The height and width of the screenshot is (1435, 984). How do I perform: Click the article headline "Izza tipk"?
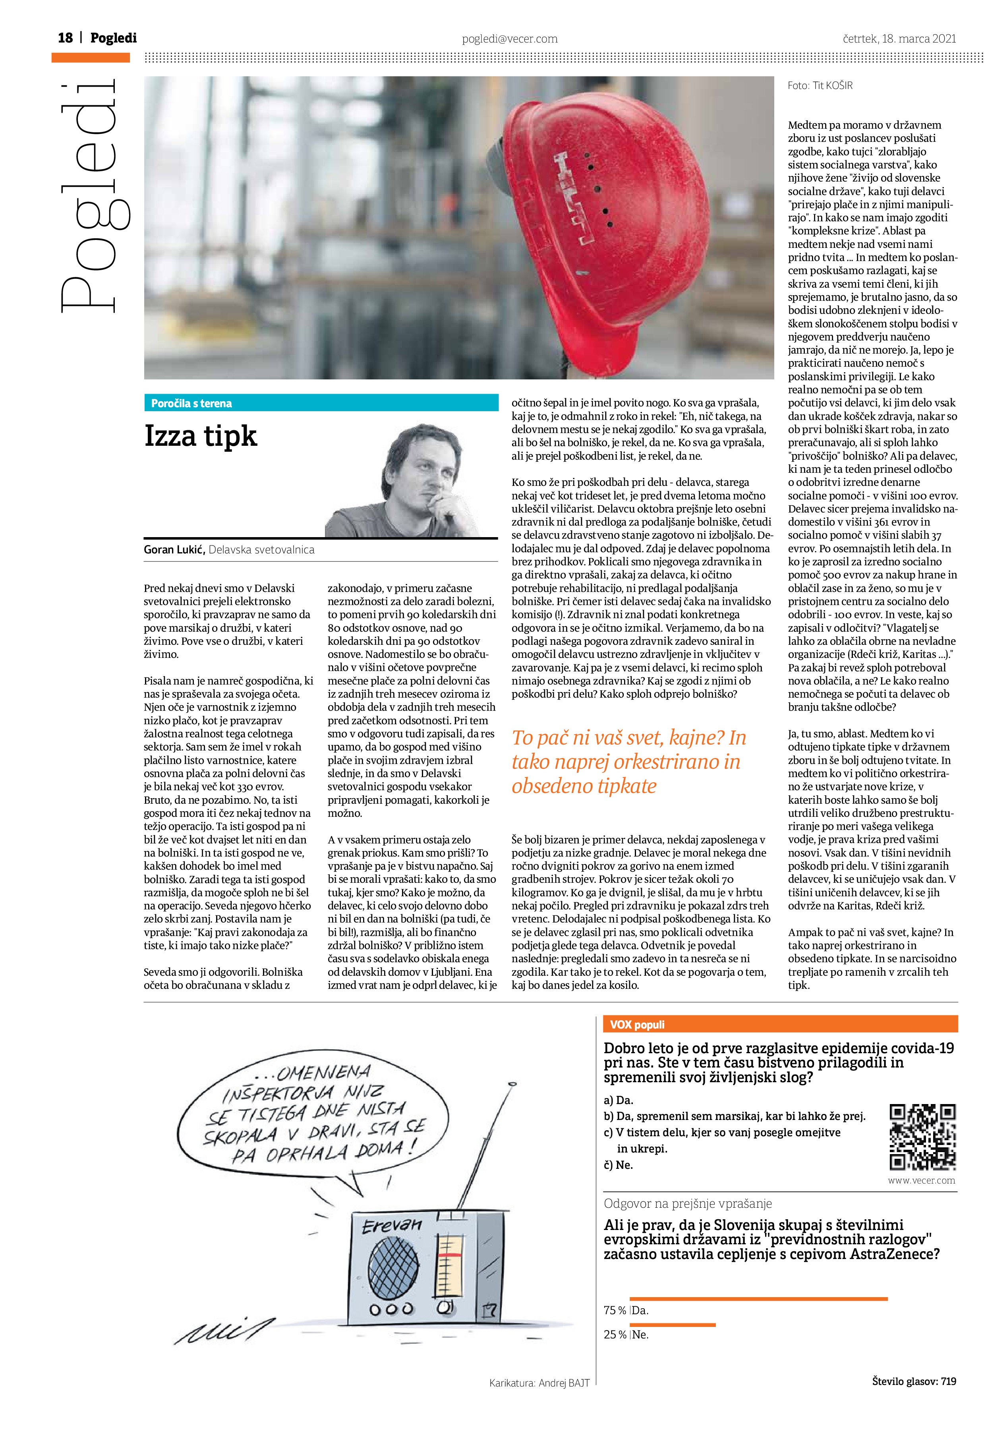point(201,436)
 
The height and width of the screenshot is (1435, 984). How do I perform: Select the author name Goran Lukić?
point(174,549)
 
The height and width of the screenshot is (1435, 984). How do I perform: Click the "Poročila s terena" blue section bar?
point(321,403)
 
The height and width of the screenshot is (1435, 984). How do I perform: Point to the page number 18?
point(65,38)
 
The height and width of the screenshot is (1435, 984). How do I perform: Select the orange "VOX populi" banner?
point(780,1024)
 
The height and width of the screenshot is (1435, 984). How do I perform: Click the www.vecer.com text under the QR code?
point(921,1180)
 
